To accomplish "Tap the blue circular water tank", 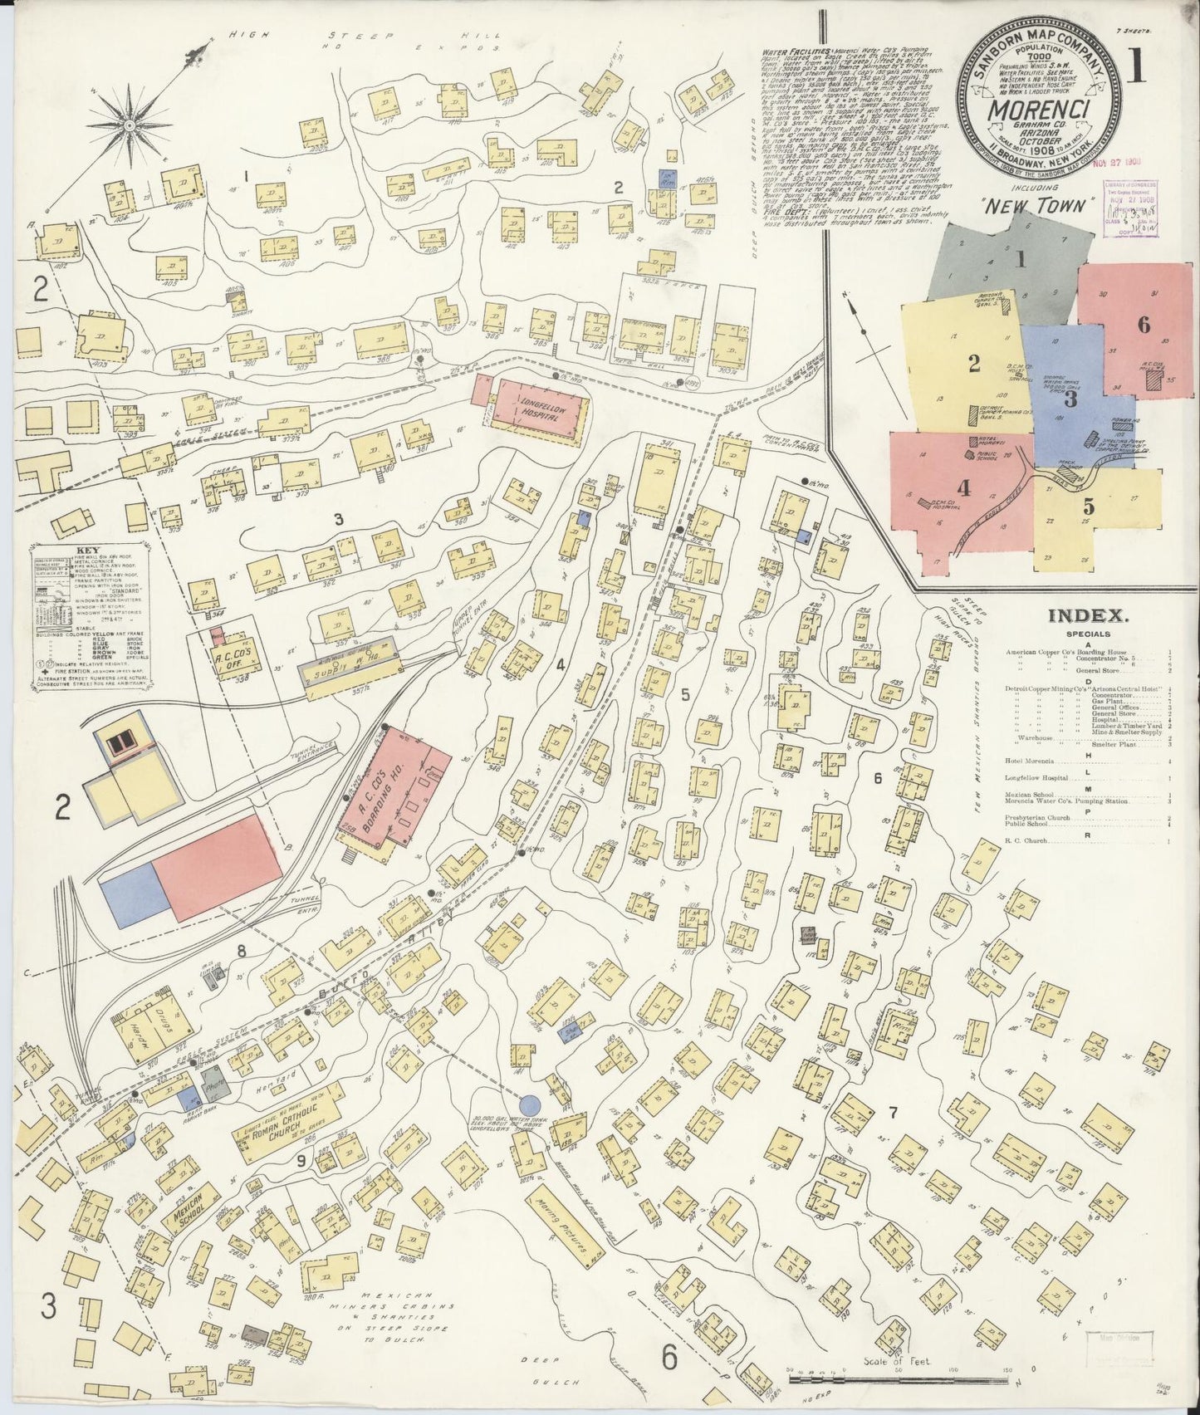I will click(x=529, y=1104).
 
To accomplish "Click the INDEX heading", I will click(x=1087, y=616).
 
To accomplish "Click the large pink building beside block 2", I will click(x=218, y=866).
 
